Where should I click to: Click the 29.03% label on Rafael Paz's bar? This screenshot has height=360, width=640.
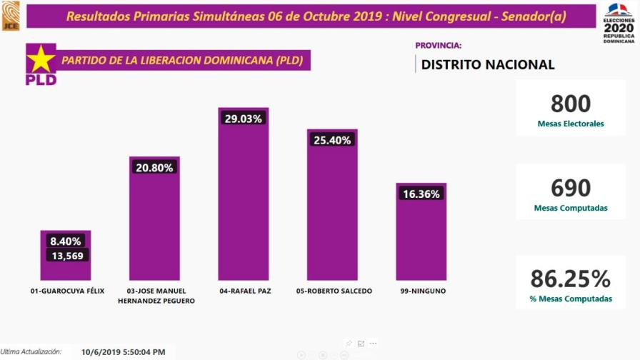point(243,119)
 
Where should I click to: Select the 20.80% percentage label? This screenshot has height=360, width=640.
point(154,167)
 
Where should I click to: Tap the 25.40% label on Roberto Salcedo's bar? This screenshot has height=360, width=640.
point(332,140)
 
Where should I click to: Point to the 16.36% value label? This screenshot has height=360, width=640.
point(421,194)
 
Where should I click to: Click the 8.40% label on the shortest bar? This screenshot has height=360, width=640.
point(65,241)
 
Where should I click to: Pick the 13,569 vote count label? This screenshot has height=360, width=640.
point(65,255)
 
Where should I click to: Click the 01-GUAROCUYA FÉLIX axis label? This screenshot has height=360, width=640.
point(63,291)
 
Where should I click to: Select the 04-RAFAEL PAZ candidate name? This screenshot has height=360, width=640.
point(243,291)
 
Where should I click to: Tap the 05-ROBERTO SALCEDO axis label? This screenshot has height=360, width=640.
point(334,291)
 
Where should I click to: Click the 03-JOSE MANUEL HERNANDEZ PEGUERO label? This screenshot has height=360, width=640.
point(156,296)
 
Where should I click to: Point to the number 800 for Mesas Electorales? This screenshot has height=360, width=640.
point(571,104)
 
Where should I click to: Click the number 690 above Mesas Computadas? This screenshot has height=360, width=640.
point(571,188)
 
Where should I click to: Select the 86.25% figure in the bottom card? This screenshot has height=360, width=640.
point(571,279)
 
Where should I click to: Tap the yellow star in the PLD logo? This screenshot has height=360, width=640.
point(41,59)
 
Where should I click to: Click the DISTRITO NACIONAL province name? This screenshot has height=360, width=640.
point(488,64)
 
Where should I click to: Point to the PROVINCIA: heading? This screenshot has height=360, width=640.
point(439,45)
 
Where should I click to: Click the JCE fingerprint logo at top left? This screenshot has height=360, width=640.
point(11,15)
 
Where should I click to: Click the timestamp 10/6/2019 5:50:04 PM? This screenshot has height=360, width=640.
point(124,352)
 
